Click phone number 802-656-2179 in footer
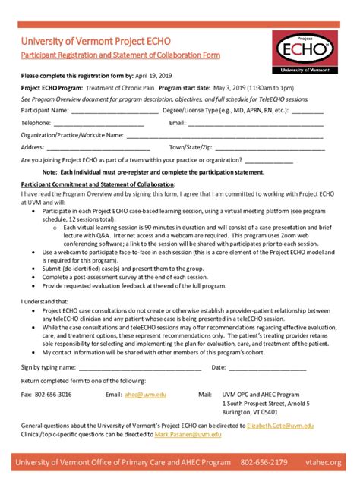click(x=264, y=462)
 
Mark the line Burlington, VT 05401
click(x=250, y=413)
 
